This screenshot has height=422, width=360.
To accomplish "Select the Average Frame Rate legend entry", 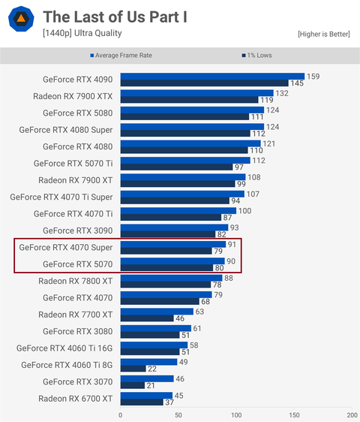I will (x=127, y=56).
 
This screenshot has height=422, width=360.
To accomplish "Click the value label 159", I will (x=313, y=76).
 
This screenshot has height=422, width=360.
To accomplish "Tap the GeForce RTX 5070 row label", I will (x=78, y=264).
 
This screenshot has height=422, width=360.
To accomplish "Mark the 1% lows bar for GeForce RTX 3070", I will (x=132, y=385).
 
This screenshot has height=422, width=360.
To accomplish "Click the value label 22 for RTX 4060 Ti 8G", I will (x=152, y=369).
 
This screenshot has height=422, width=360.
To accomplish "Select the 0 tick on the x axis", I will (x=120, y=414).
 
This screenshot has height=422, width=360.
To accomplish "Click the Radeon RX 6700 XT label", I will (x=76, y=398).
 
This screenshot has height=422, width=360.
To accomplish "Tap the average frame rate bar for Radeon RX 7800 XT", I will (x=171, y=277).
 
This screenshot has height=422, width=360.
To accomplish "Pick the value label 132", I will (x=281, y=93).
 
